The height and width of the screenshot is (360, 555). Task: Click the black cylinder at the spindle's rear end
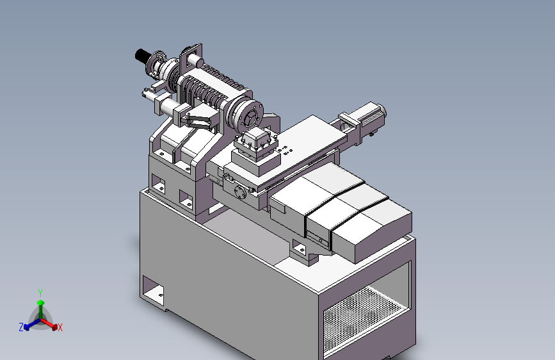pyautogui.click(x=142, y=56)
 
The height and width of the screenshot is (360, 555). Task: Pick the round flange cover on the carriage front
pyautogui.click(x=240, y=193)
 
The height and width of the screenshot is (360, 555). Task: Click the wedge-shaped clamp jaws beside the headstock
pyautogui.click(x=199, y=118)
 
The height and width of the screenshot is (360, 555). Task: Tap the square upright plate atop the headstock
pyautogui.click(x=191, y=57)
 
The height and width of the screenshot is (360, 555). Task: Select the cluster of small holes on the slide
pyautogui.click(x=286, y=151)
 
